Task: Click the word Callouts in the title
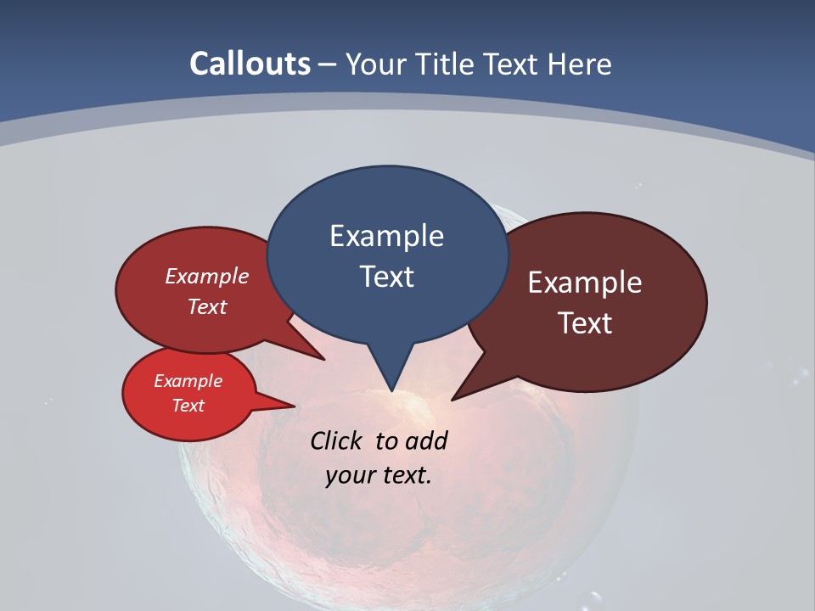[250, 64]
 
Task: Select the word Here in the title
[582, 64]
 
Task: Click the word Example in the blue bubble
[386, 236]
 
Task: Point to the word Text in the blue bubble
[386, 277]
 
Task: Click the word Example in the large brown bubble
[585, 283]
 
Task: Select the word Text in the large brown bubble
[585, 323]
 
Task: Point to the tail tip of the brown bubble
[453, 398]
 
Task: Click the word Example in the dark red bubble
[207, 276]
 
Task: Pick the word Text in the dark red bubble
[207, 306]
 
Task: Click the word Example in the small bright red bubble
[188, 381]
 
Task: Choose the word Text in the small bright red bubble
[188, 406]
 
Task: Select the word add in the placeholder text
[425, 440]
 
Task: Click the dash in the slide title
[328, 64]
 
